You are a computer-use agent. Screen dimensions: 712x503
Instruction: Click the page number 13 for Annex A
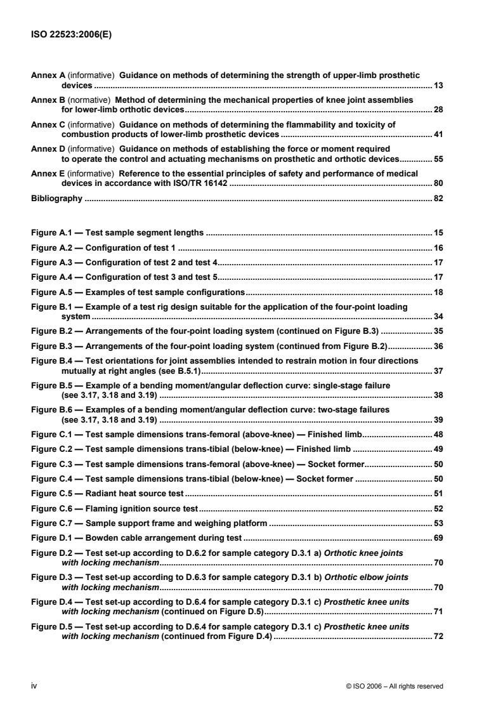click(438, 84)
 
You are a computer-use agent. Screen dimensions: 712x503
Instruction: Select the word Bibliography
click(56, 199)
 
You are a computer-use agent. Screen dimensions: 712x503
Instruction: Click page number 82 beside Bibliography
click(438, 199)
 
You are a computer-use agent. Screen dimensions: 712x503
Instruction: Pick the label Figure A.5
click(52, 292)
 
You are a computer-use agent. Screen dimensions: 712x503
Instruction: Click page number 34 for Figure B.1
click(438, 316)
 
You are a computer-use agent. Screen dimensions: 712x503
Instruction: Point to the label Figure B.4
click(52, 360)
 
